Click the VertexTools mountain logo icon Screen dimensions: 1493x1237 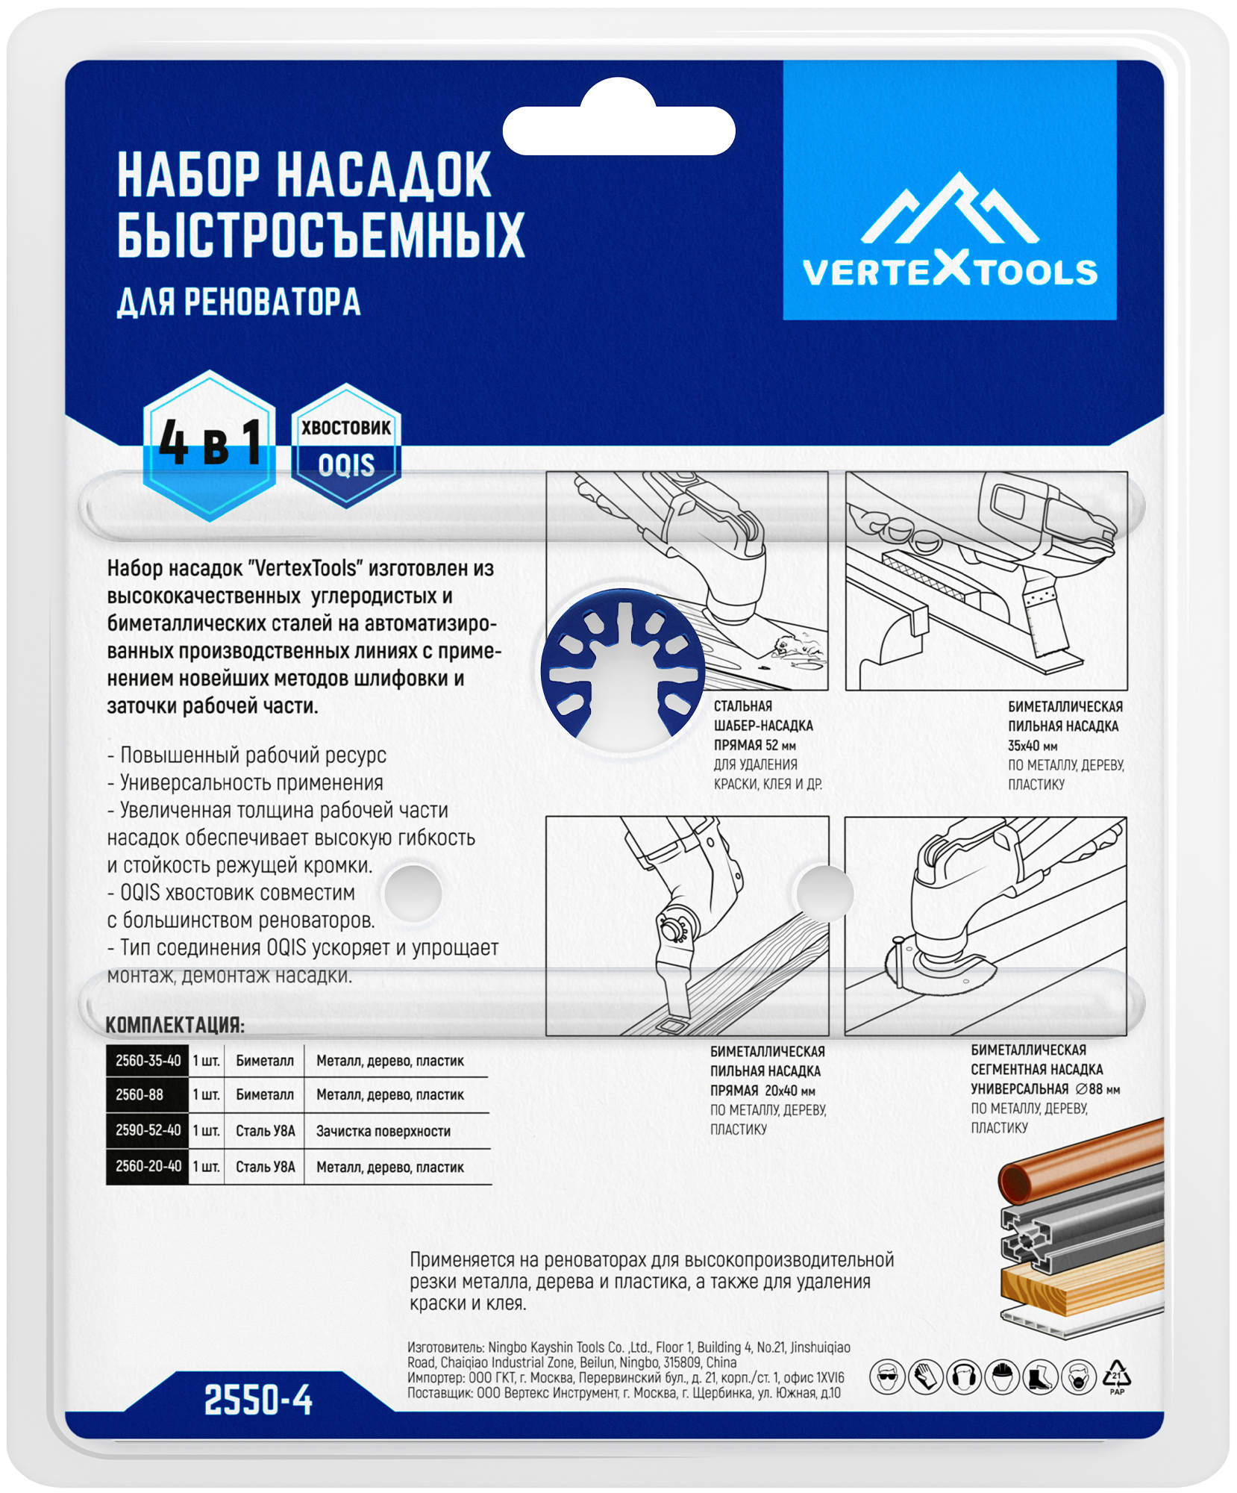pyautogui.click(x=949, y=211)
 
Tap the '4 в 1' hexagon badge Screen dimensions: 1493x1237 pyautogui.click(x=210, y=446)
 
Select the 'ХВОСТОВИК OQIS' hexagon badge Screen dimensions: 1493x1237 pyautogui.click(x=345, y=446)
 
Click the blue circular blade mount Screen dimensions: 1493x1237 pyautogui.click(x=623, y=669)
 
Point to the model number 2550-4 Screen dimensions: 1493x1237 pyautogui.click(x=258, y=1400)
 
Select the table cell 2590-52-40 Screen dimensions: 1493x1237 pyautogui.click(x=148, y=1130)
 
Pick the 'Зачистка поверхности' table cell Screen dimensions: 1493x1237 pyautogui.click(x=383, y=1131)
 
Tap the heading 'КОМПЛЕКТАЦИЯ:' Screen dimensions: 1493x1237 pyautogui.click(x=175, y=1025)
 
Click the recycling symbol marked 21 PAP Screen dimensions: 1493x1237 pyautogui.click(x=1116, y=1376)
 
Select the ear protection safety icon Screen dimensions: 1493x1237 pyautogui.click(x=963, y=1377)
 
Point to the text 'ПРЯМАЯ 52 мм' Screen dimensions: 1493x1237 pyautogui.click(x=754, y=745)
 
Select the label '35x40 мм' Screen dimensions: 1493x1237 pyautogui.click(x=1033, y=746)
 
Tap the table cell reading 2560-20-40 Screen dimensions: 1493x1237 pyautogui.click(x=148, y=1166)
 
